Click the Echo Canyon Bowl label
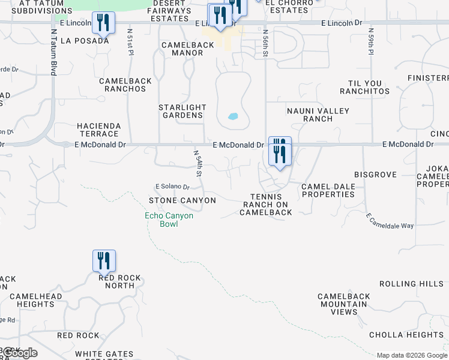click(169, 220)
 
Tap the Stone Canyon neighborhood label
click(182, 200)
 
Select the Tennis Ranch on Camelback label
click(266, 204)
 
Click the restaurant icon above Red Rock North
click(104, 260)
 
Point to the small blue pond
click(233, 116)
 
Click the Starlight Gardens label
click(182, 111)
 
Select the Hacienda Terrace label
click(99, 130)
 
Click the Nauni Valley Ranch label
click(310, 115)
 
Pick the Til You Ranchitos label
click(364, 87)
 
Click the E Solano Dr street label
click(172, 187)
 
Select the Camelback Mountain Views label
click(343, 304)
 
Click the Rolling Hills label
click(411, 284)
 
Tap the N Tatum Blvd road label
click(53, 52)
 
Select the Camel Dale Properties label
click(328, 190)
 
